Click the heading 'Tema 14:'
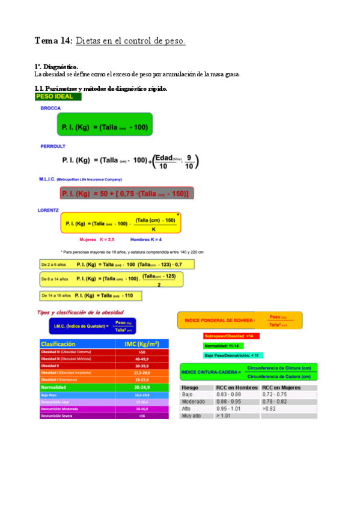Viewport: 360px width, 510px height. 53,41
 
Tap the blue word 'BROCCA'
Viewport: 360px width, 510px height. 50,108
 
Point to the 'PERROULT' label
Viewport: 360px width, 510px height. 53,146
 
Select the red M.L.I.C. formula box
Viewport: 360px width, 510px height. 126,194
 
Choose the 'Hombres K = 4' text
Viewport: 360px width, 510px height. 147,239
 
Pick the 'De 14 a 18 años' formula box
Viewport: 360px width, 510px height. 90,295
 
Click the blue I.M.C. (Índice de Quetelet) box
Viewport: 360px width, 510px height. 92,326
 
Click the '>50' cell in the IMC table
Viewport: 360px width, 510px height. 141,352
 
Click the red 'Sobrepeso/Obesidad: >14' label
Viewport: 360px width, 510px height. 231,336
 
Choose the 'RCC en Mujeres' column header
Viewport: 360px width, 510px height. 282,387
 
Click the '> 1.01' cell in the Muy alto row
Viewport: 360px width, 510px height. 225,415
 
